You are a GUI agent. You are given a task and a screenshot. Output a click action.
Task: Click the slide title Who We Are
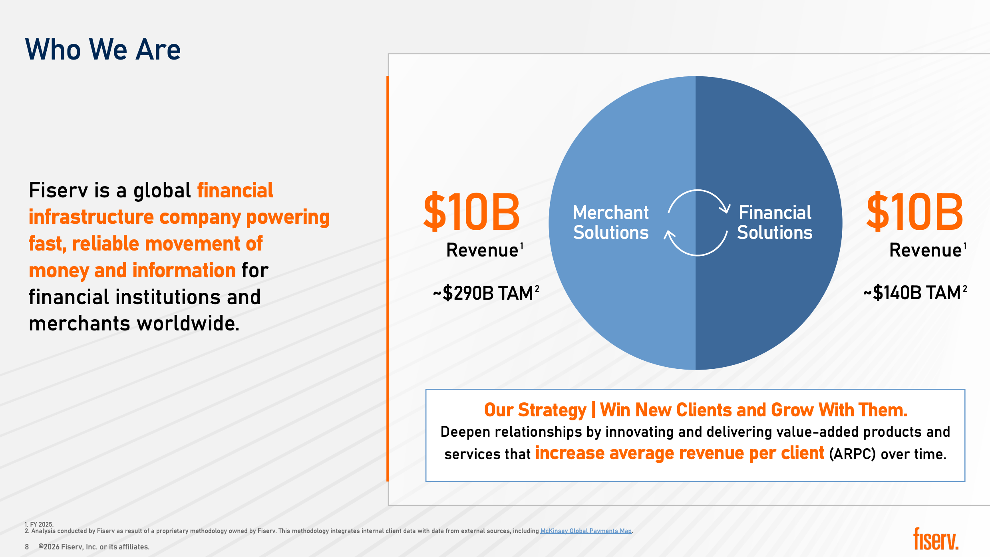[103, 50]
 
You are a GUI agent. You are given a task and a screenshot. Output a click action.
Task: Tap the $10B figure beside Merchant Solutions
[471, 212]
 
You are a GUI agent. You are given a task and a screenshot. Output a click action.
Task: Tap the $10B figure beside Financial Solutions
[915, 212]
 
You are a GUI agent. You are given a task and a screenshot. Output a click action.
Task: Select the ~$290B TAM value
[486, 293]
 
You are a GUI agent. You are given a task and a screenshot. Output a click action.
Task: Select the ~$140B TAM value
[915, 292]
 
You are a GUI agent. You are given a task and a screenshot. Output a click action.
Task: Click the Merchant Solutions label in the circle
[611, 222]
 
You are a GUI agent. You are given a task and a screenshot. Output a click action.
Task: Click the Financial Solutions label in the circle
[775, 222]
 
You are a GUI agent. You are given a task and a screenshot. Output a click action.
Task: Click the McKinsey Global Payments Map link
[586, 531]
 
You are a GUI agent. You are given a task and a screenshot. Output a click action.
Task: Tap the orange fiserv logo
[936, 539]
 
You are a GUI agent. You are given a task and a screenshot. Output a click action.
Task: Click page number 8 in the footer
[27, 547]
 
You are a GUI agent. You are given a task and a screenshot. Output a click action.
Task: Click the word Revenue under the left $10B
[482, 250]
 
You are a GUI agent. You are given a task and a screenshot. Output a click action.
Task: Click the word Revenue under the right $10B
[925, 250]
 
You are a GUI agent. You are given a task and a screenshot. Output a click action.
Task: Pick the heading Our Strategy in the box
[535, 410]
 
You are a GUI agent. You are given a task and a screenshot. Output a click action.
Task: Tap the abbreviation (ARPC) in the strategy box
[852, 454]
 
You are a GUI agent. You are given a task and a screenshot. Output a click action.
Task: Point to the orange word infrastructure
[91, 217]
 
